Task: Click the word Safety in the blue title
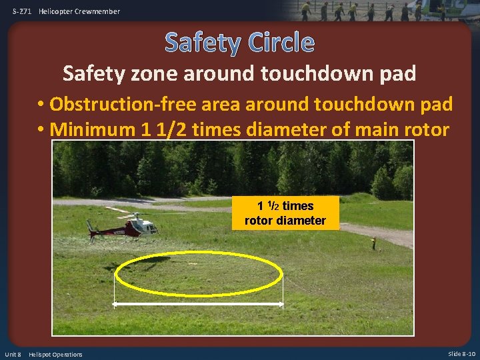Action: (x=204, y=43)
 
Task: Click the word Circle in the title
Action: (x=281, y=43)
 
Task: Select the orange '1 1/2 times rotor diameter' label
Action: (x=285, y=213)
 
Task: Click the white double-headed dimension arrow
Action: (x=199, y=304)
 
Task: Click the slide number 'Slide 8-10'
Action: (x=461, y=354)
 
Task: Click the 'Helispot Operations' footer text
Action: (x=56, y=354)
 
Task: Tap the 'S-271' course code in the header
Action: (x=22, y=11)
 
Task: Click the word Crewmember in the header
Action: (x=98, y=11)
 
